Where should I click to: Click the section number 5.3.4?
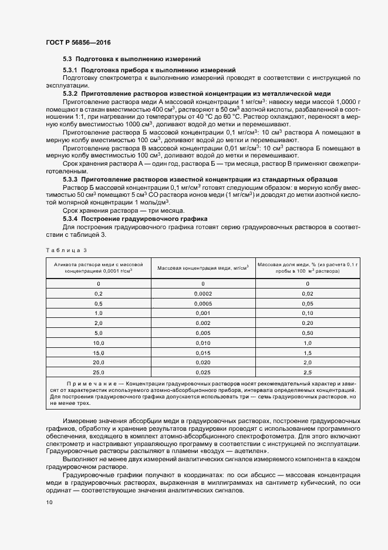click(70, 219)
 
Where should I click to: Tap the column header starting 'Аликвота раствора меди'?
click(99, 267)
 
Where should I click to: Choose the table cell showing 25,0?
click(99, 373)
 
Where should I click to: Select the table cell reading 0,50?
click(307, 333)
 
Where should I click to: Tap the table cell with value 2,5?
click(307, 373)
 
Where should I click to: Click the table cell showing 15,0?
click(99, 353)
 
